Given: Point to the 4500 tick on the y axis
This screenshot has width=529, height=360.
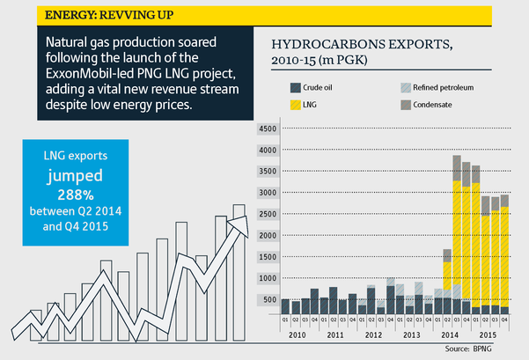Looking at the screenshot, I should [x=266, y=129].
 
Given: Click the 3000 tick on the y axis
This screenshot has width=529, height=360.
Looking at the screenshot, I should [x=266, y=192].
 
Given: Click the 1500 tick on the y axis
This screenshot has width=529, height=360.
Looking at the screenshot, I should [x=266, y=256].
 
